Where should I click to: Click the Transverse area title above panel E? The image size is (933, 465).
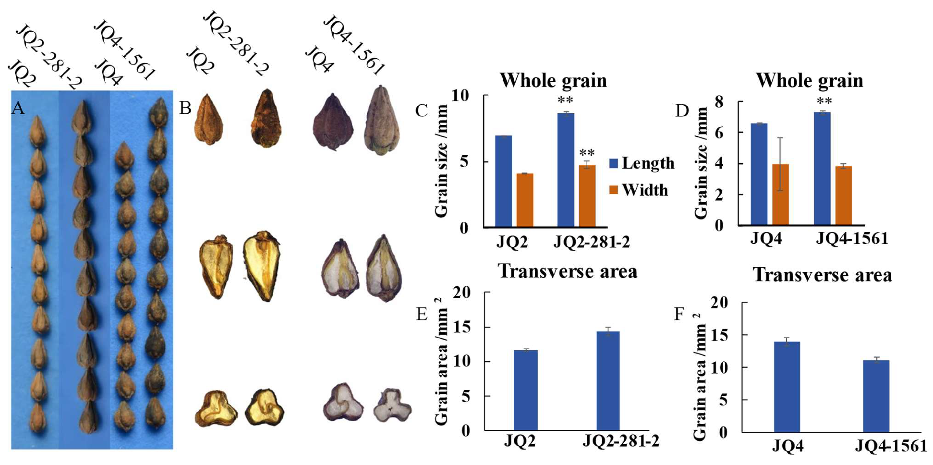pos(567,271)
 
